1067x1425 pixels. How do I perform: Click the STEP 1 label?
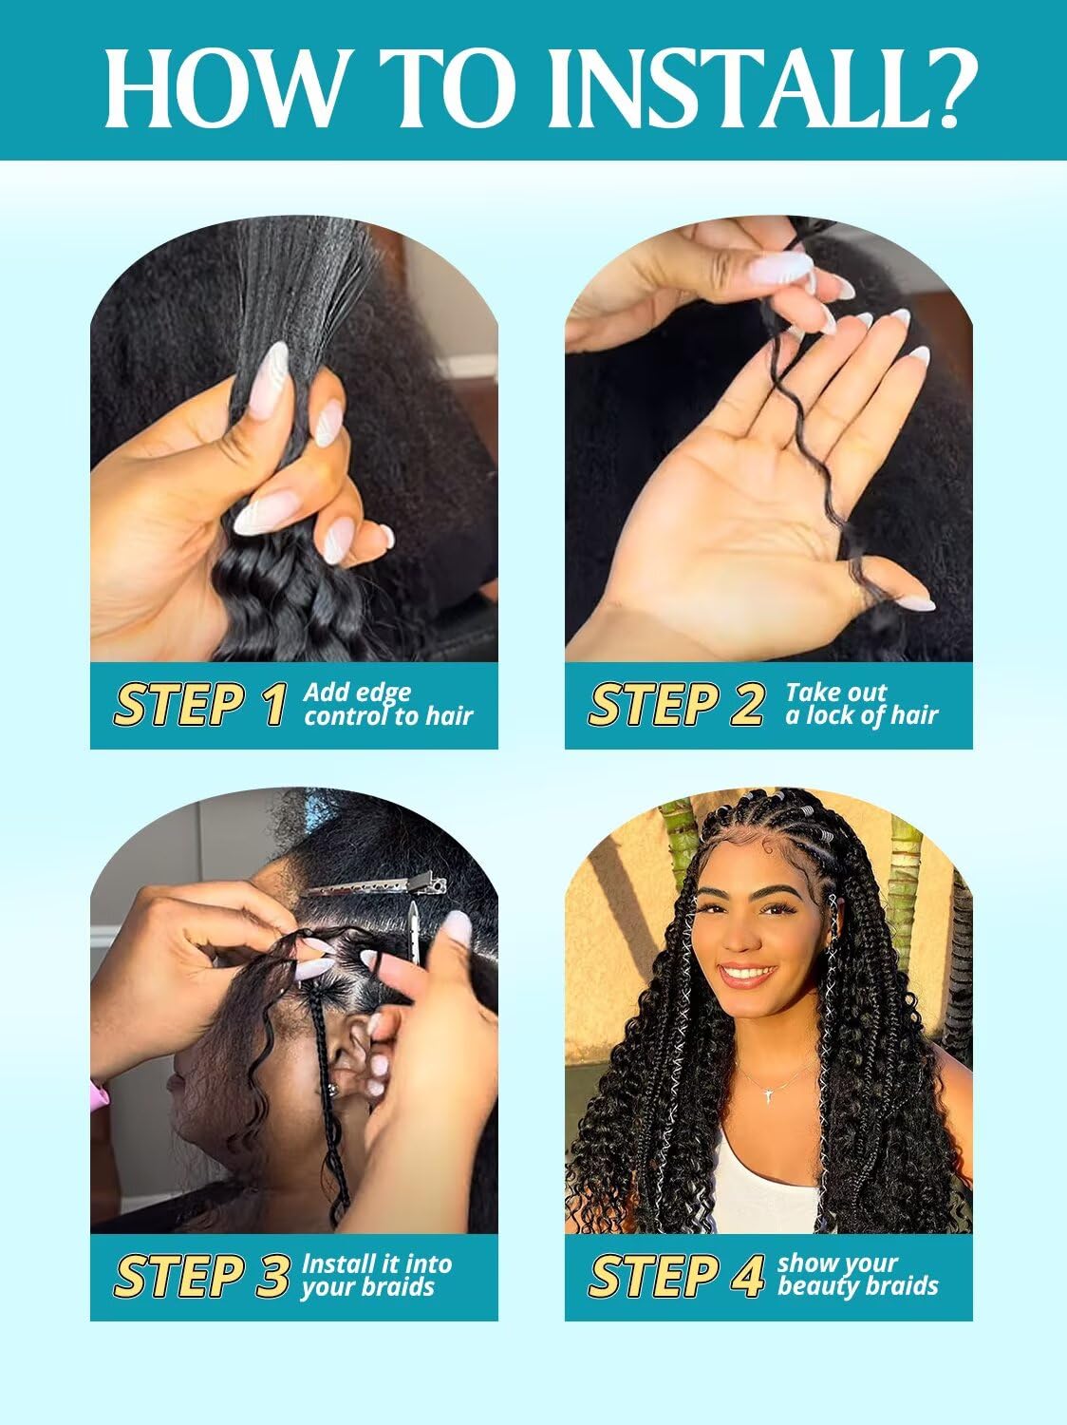coord(199,705)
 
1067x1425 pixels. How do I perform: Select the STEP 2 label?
coord(676,705)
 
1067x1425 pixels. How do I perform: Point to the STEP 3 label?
coord(200,1276)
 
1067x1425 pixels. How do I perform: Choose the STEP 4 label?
coord(676,1276)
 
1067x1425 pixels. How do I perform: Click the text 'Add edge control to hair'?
coord(387,704)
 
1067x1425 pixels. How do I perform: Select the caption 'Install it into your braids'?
coord(377,1275)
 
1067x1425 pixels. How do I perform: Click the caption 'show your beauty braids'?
coord(856,1275)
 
